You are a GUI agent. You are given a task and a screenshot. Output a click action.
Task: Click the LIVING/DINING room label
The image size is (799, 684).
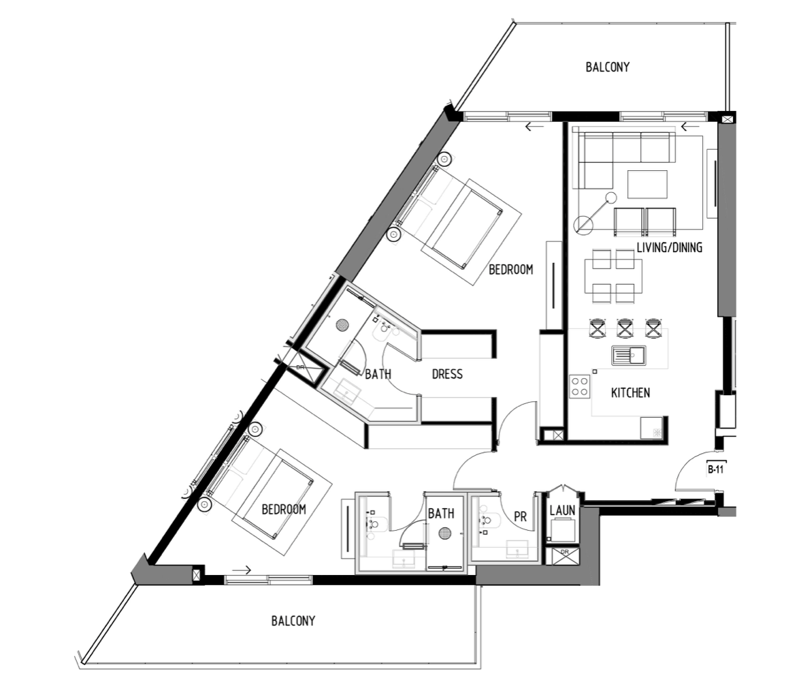pyautogui.click(x=669, y=248)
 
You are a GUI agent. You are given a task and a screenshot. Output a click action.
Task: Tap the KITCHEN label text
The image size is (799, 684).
pyautogui.click(x=630, y=393)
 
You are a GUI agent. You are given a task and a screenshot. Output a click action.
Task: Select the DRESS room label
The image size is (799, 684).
pyautogui.click(x=447, y=374)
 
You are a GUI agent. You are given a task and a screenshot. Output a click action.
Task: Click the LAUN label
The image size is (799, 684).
pyautogui.click(x=562, y=510)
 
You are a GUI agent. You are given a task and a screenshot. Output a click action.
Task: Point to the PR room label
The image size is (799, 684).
pyautogui.click(x=520, y=517)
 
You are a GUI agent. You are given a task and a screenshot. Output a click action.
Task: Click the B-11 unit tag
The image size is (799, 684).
pyautogui.click(x=715, y=469)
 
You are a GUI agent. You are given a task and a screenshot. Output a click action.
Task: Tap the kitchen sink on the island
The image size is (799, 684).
pyautogui.click(x=627, y=356)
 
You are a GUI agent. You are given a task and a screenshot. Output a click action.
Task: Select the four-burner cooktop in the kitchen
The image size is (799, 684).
pyautogui.click(x=580, y=386)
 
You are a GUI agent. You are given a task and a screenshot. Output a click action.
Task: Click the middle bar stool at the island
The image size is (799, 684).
pyautogui.click(x=625, y=328)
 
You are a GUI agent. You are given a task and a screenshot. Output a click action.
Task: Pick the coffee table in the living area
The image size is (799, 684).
pyautogui.click(x=647, y=184)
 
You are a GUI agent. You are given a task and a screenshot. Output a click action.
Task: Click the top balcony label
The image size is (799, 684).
pyautogui.click(x=607, y=67)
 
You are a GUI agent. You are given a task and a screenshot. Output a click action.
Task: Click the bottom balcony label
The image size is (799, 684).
pyautogui.click(x=293, y=621)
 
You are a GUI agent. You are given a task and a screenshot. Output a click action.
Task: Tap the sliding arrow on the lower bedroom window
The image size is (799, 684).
pyautogui.click(x=242, y=570)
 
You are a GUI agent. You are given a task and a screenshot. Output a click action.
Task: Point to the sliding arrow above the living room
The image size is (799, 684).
pyautogui.click(x=690, y=127)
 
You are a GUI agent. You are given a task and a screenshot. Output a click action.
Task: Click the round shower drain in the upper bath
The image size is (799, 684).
pyautogui.click(x=343, y=326)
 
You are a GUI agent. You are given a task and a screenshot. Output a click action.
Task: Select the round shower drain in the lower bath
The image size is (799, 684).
pyautogui.click(x=445, y=533)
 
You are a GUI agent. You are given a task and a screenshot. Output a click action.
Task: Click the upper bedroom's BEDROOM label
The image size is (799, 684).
pyautogui.click(x=510, y=270)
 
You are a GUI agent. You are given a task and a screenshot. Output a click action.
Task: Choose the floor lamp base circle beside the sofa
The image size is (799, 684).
pyautogui.click(x=583, y=225)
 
